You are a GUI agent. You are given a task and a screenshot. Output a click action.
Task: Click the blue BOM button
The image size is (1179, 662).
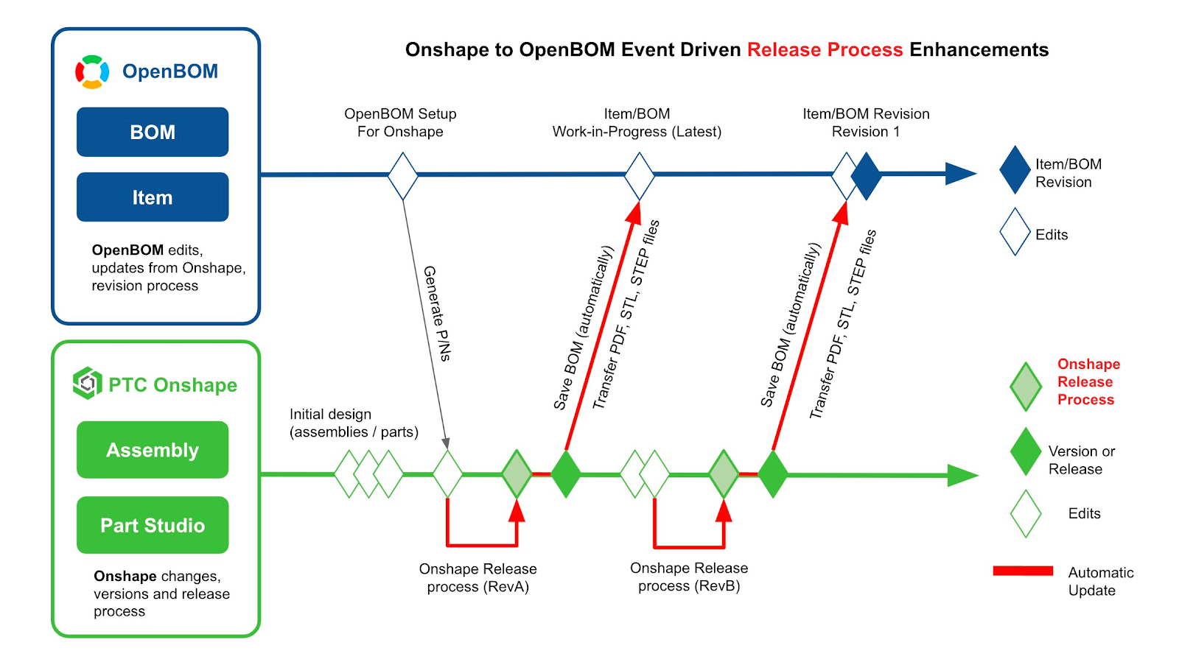point(153,132)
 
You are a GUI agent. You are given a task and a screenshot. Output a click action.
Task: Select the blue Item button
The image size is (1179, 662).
point(153,197)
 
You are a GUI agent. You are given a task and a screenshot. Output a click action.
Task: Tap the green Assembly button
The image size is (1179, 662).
point(153,450)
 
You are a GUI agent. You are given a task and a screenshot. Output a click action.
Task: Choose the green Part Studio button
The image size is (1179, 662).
point(153,525)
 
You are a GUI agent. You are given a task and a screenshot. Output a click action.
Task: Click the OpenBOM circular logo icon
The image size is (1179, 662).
point(92,71)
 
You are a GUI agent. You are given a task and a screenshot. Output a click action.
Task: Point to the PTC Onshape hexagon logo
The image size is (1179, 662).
point(87,383)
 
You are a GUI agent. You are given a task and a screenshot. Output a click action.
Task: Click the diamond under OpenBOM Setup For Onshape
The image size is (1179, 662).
point(403,176)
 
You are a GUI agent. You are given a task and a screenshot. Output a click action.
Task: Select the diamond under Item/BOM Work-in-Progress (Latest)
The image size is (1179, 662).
point(639,176)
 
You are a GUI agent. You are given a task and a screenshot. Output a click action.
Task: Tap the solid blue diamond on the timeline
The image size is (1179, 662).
point(867,176)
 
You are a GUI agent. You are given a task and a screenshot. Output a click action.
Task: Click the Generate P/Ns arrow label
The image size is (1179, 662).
point(437,313)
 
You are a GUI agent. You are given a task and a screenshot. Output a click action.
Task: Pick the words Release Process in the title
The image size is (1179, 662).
point(825,49)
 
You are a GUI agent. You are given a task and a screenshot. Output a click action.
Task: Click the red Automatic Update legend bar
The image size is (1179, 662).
point(1023,571)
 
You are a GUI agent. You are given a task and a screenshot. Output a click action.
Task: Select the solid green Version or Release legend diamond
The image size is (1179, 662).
point(1025,451)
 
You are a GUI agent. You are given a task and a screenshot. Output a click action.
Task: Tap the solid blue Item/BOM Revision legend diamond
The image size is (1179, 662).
point(1015,170)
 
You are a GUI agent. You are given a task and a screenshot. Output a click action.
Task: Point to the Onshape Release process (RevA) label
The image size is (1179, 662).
point(477,578)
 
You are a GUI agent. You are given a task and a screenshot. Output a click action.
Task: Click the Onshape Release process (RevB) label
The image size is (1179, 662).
point(689,577)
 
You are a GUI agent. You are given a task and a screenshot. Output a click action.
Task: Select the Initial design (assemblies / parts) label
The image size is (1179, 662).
point(354,423)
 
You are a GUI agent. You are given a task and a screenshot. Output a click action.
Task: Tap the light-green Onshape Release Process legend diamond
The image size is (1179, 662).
point(1026,387)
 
